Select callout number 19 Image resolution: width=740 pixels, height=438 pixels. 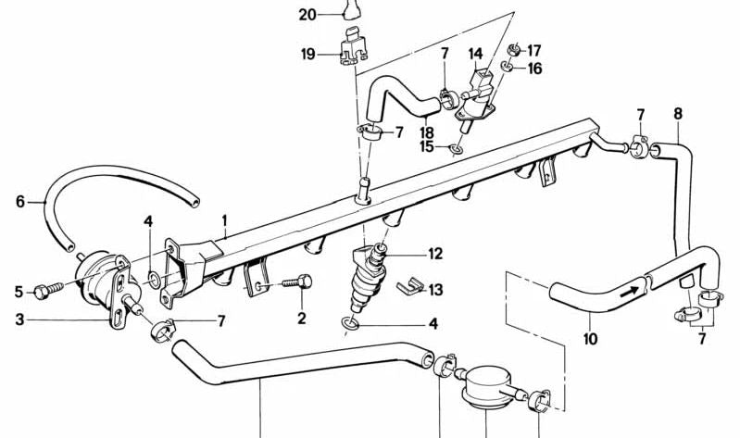[308, 55]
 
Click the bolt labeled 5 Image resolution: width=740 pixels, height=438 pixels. [43, 293]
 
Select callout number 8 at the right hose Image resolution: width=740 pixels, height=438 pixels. [678, 114]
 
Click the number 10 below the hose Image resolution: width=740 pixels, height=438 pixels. [590, 339]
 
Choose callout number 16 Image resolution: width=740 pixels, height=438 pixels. [534, 69]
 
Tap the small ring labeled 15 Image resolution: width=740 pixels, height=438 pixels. [456, 147]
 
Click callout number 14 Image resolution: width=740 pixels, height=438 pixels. [475, 54]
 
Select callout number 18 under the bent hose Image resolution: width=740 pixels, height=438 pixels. [426, 132]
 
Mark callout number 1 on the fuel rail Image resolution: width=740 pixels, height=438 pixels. [223, 221]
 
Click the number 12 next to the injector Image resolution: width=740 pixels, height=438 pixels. [433, 254]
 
